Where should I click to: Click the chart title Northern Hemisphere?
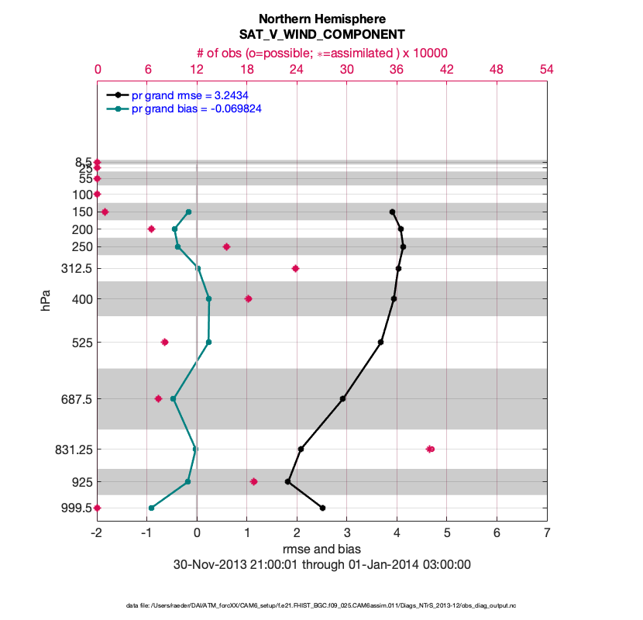(321, 19)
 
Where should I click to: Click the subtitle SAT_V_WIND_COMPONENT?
(321, 35)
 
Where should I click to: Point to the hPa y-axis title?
(46, 299)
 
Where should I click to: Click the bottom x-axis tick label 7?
(547, 533)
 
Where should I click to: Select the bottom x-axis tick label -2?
(97, 533)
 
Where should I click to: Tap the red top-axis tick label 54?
(547, 69)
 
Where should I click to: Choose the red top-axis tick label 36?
(397, 69)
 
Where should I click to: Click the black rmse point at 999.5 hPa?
(322, 508)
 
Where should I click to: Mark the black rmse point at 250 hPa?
(403, 246)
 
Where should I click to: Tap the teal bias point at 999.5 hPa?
(151, 508)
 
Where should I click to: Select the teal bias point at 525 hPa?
(208, 342)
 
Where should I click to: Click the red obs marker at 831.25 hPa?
(431, 449)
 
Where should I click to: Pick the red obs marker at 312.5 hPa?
(295, 268)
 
